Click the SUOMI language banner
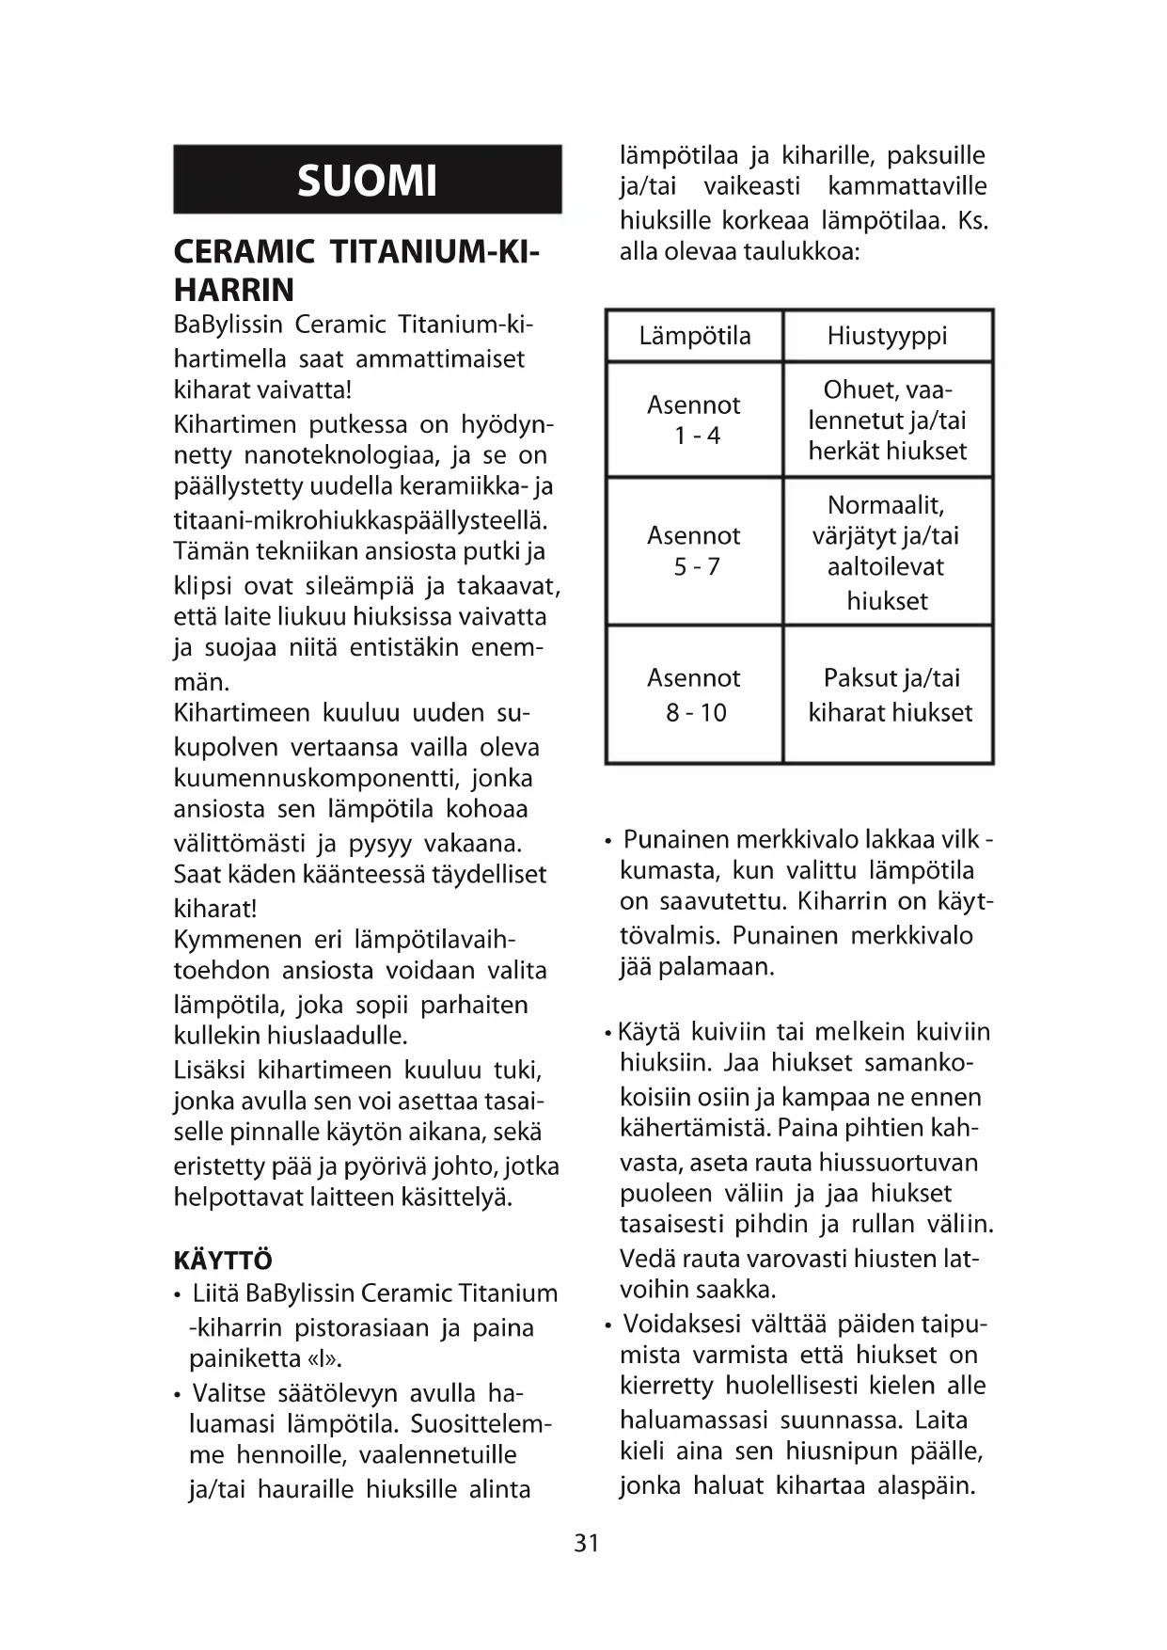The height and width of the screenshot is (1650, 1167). tap(367, 180)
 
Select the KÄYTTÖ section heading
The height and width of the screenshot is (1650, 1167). tap(223, 1261)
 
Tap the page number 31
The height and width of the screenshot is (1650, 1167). tap(586, 1544)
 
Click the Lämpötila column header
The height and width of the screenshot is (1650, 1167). tap(694, 336)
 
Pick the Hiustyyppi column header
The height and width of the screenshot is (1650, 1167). tap(887, 336)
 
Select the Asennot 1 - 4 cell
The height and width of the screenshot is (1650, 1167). tap(694, 420)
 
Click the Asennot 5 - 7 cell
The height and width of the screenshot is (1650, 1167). tap(694, 550)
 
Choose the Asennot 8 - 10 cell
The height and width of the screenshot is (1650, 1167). tap(694, 694)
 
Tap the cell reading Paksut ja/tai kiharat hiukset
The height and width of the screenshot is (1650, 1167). tap(890, 694)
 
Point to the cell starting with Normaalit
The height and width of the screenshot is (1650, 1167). tap(887, 551)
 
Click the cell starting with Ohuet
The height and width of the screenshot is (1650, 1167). tap(887, 420)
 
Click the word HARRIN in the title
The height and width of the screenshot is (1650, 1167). tap(234, 290)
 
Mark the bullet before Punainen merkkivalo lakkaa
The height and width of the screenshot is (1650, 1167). tap(608, 840)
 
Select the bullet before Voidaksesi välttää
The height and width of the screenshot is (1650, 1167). tap(608, 1326)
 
